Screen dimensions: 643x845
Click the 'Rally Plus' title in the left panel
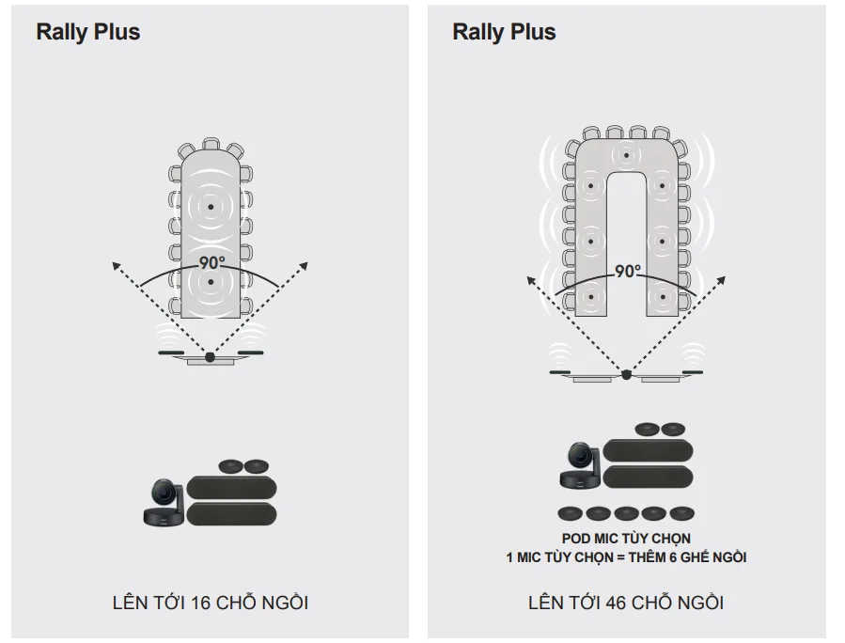pyautogui.click(x=87, y=32)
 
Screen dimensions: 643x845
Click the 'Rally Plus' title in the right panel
pyautogui.click(x=504, y=32)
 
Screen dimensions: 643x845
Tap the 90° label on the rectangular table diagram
pyautogui.click(x=211, y=262)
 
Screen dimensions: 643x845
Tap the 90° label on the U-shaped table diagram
pyautogui.click(x=627, y=271)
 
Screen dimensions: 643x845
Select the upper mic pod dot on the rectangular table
pyautogui.click(x=211, y=207)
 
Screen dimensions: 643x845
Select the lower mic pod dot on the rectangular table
pyautogui.click(x=211, y=282)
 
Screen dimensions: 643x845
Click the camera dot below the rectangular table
pyautogui.click(x=211, y=357)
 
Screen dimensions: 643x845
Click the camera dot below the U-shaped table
pyautogui.click(x=627, y=375)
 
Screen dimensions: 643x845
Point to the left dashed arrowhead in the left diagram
pyautogui.click(x=116, y=265)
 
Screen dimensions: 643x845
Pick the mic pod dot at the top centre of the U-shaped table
pyautogui.click(x=627, y=155)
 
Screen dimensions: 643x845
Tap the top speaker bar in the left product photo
pyautogui.click(x=232, y=488)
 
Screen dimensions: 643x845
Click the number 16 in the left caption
pyautogui.click(x=201, y=603)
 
